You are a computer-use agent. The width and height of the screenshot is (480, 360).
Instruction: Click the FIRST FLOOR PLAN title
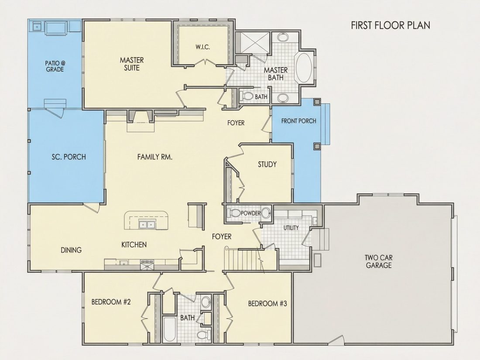click(390, 25)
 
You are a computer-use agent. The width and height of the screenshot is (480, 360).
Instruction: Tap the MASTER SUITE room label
click(132, 64)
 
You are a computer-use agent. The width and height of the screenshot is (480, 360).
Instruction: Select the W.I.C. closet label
click(202, 47)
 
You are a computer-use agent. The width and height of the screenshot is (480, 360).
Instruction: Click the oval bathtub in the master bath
click(303, 68)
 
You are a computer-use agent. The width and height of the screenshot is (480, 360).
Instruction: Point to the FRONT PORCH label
click(298, 121)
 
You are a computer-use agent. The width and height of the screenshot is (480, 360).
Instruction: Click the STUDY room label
click(267, 165)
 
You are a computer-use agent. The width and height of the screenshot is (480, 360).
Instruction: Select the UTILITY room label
click(291, 228)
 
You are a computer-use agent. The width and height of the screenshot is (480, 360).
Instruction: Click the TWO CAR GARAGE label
click(379, 261)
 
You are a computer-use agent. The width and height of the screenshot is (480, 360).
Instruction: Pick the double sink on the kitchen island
click(147, 224)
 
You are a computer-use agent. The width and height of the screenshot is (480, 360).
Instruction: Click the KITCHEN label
click(134, 245)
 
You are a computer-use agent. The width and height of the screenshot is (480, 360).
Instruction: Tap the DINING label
click(71, 250)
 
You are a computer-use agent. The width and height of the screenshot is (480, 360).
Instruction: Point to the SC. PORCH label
click(69, 157)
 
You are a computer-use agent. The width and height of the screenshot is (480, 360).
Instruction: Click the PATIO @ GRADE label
click(55, 66)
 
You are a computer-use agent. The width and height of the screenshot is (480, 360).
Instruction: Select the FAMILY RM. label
click(154, 157)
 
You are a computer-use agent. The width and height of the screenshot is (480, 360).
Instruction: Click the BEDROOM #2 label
click(111, 302)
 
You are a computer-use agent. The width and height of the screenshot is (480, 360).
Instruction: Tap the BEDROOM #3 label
click(267, 304)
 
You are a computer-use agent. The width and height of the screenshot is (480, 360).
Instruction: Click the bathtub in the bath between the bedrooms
click(169, 329)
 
